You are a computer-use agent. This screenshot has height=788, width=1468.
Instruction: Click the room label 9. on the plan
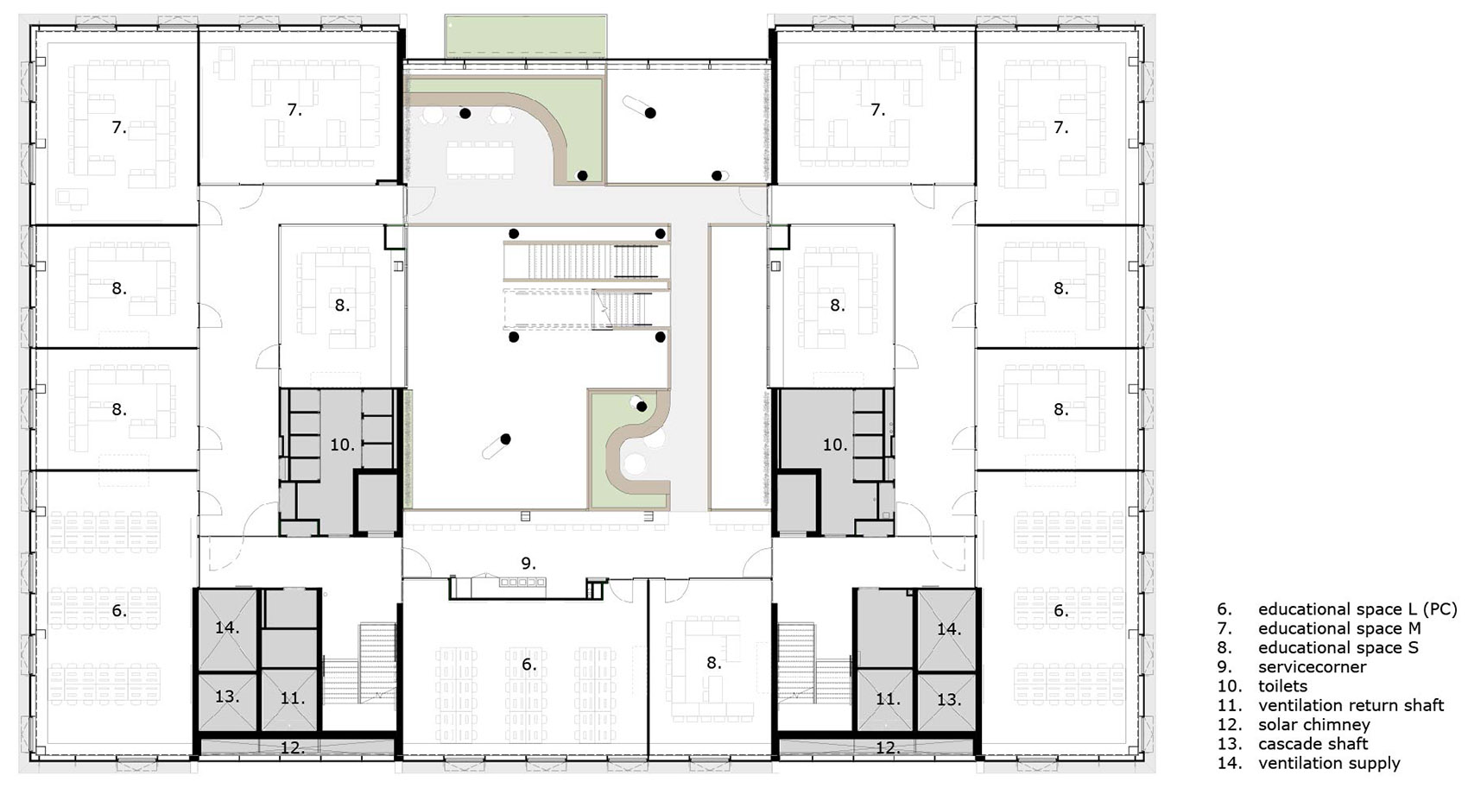coord(528,564)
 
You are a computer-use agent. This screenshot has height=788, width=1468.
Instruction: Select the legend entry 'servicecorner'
coord(1312,667)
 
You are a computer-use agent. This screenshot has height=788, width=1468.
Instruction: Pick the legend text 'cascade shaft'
coord(1313,744)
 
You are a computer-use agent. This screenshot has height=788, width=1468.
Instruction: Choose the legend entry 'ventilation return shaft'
coord(1350,706)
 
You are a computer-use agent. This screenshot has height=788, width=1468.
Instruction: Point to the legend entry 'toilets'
coord(1282,686)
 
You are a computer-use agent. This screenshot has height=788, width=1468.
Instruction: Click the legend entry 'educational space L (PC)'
coord(1357,609)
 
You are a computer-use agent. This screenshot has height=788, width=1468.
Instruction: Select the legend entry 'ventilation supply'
coord(1328,763)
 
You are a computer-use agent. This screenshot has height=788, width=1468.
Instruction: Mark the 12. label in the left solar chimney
coord(293,747)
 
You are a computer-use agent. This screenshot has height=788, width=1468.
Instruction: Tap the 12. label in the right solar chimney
coord(888,747)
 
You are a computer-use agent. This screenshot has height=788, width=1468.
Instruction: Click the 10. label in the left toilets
coord(343,444)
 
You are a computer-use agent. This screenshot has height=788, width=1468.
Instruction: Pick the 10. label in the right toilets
coord(835,444)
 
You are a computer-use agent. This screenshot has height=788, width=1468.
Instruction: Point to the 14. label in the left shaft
coord(227,627)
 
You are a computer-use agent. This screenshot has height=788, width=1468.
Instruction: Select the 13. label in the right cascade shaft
coord(948,699)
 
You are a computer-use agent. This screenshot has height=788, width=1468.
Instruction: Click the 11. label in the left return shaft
coord(293,697)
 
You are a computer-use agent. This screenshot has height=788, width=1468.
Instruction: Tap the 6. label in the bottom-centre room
coord(528,664)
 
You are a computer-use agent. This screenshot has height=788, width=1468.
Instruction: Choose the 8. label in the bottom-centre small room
coord(713,663)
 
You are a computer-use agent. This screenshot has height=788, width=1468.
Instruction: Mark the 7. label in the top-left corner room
coord(119,128)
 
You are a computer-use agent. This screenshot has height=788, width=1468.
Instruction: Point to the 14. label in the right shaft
coord(948,629)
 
